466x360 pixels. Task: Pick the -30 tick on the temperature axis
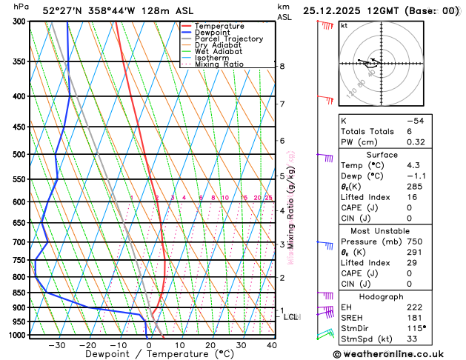tap(57, 344)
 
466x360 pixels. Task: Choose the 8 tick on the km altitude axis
tap(282, 66)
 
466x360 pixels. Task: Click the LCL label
tap(291, 317)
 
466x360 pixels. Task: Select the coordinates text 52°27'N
tap(64, 10)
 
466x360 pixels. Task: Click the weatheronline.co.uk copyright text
tap(398, 353)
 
